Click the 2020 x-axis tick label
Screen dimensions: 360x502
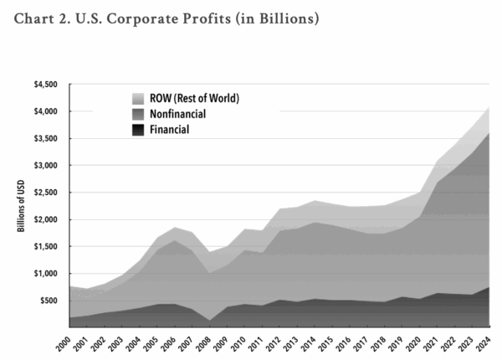[421, 342]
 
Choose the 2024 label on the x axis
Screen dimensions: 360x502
[491, 342]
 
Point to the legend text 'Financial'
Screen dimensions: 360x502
[170, 129]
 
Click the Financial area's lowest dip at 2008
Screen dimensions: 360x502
[211, 320]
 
